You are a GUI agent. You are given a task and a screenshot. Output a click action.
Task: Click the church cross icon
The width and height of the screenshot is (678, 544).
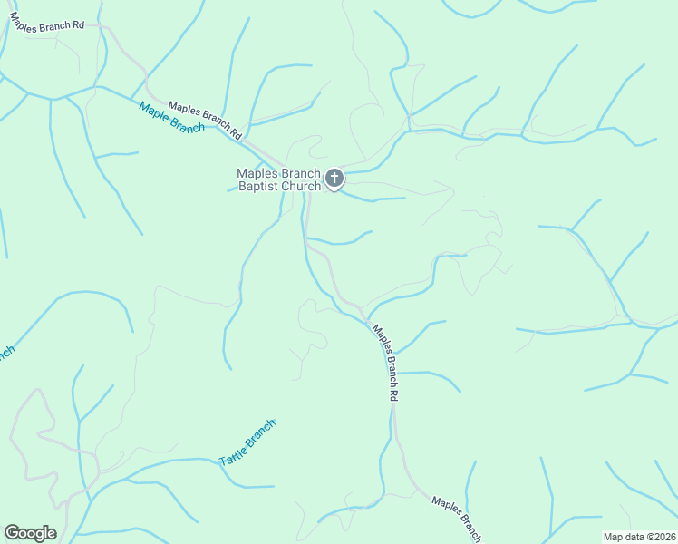(x=334, y=177)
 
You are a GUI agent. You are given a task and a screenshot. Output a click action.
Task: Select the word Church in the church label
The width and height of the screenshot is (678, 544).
(x=302, y=187)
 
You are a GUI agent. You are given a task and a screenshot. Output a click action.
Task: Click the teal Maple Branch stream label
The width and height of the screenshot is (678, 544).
(x=171, y=117)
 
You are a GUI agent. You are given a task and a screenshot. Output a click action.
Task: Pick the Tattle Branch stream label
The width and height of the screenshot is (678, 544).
(x=247, y=443)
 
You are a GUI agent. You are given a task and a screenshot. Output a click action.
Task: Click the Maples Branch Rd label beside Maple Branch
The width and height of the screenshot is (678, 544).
(x=206, y=120)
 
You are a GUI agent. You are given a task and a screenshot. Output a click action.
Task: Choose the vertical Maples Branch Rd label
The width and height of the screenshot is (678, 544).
(x=386, y=363)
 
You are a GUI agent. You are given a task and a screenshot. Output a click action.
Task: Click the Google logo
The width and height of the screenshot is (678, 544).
(x=30, y=533)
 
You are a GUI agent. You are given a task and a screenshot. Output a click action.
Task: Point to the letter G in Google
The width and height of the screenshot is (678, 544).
(x=12, y=532)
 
